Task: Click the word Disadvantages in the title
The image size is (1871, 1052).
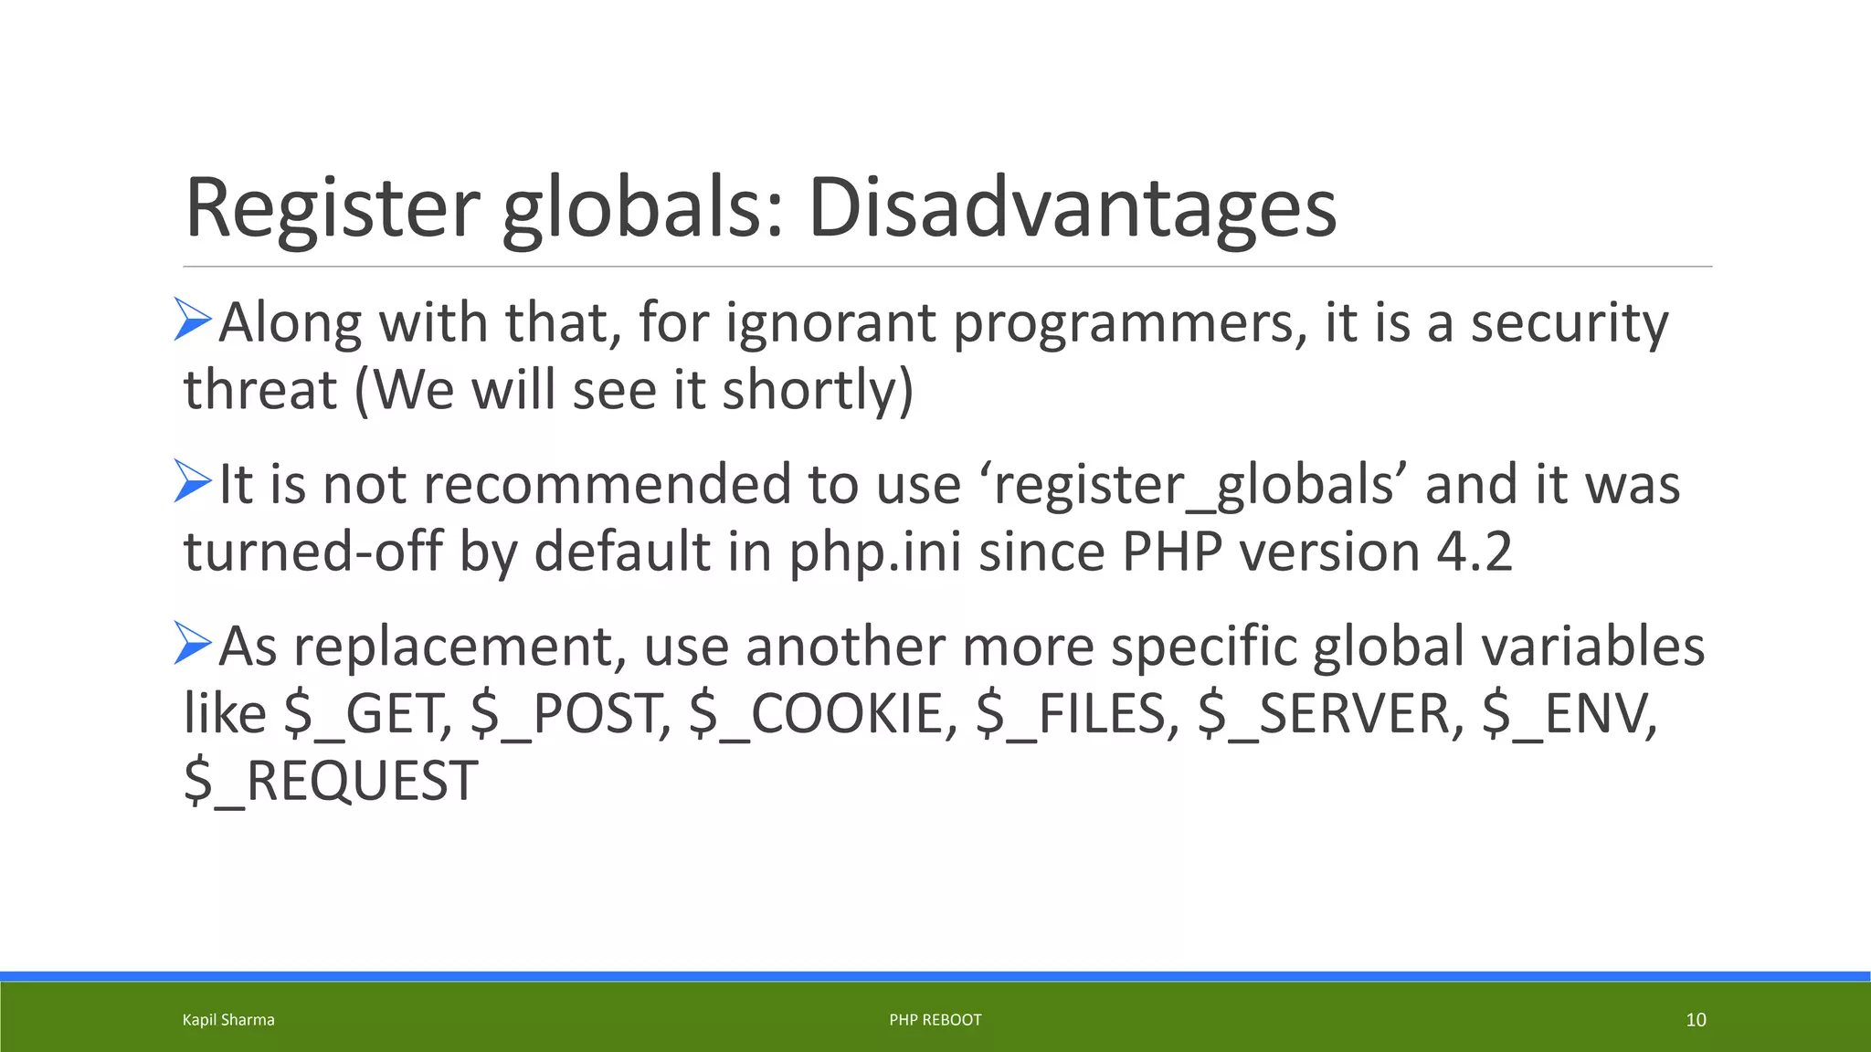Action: click(1072, 208)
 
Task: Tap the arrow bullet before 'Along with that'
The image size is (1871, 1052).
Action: click(193, 320)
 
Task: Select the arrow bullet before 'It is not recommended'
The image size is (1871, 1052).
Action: click(193, 481)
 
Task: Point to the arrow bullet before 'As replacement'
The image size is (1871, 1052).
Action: click(193, 643)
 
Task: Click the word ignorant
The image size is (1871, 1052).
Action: click(830, 323)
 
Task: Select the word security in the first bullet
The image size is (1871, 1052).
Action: click(1569, 323)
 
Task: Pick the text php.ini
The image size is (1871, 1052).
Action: click(874, 552)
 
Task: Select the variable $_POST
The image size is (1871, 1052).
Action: click(570, 714)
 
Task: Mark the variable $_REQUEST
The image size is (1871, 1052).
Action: click(331, 782)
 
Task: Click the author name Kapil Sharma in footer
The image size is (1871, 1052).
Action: click(228, 1020)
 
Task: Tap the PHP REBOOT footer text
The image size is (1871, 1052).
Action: click(935, 1020)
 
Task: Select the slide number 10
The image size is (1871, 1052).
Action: click(1696, 1020)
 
